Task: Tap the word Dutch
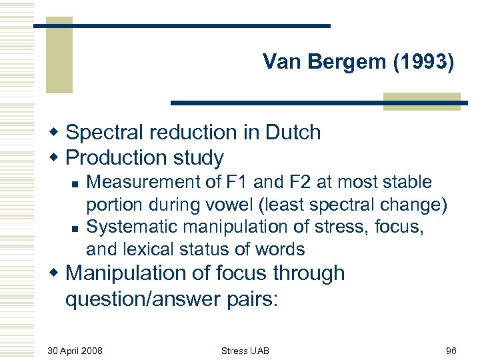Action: (293, 132)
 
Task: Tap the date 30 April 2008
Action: (75, 349)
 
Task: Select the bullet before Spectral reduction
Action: (55, 132)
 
